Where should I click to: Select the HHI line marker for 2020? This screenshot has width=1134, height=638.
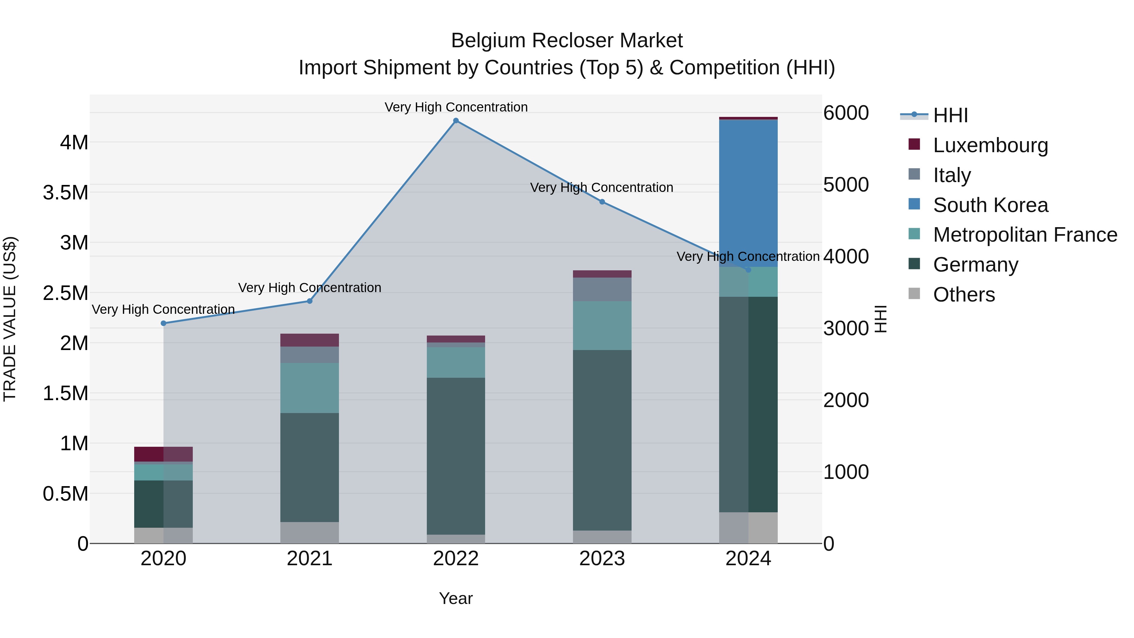[x=163, y=323]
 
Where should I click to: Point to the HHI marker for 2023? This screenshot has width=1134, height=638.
[x=602, y=202]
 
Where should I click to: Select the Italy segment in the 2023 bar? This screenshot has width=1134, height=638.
[x=602, y=289]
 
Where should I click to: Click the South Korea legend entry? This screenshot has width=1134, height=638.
[x=990, y=205]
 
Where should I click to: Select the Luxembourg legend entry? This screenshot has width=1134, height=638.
[x=990, y=145]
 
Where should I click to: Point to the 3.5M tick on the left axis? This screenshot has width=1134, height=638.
[x=66, y=193]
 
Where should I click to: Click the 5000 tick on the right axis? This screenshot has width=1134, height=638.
[x=846, y=185]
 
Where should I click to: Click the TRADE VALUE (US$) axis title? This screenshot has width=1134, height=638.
[x=10, y=319]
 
